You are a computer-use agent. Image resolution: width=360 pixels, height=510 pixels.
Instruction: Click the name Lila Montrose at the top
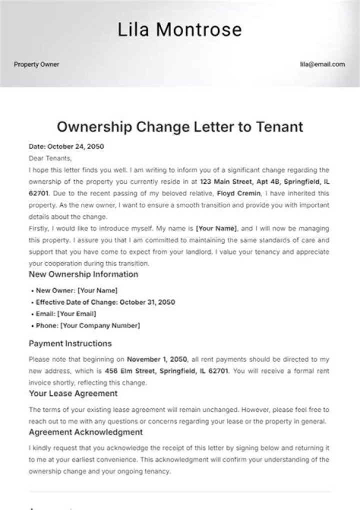(x=179, y=30)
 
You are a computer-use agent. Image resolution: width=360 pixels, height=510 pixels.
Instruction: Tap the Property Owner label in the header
(x=36, y=65)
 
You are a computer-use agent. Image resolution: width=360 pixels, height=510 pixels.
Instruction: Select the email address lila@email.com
(x=322, y=65)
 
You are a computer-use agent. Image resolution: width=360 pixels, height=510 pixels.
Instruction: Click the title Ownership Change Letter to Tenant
(x=179, y=126)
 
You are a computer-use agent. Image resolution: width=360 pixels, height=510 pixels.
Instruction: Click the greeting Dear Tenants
(x=50, y=158)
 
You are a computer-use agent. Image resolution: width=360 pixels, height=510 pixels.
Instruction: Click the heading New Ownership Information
(x=83, y=274)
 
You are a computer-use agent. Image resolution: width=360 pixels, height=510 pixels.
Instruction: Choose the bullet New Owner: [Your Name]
(x=76, y=291)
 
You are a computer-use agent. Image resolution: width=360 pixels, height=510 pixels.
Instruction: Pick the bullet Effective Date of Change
(x=105, y=303)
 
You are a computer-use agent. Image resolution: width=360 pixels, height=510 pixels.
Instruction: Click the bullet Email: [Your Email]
(x=66, y=314)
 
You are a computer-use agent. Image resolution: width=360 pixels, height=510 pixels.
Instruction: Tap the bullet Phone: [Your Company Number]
(x=88, y=326)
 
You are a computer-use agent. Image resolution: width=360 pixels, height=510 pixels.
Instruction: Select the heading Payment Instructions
(x=70, y=344)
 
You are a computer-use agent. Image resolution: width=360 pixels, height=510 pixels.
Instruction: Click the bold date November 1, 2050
(x=157, y=359)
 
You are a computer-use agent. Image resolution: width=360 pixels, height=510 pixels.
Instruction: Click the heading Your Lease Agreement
(x=73, y=393)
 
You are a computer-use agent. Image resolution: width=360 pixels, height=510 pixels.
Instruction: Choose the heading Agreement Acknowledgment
(x=86, y=432)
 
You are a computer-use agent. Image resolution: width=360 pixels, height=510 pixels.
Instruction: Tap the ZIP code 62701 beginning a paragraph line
(x=38, y=193)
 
